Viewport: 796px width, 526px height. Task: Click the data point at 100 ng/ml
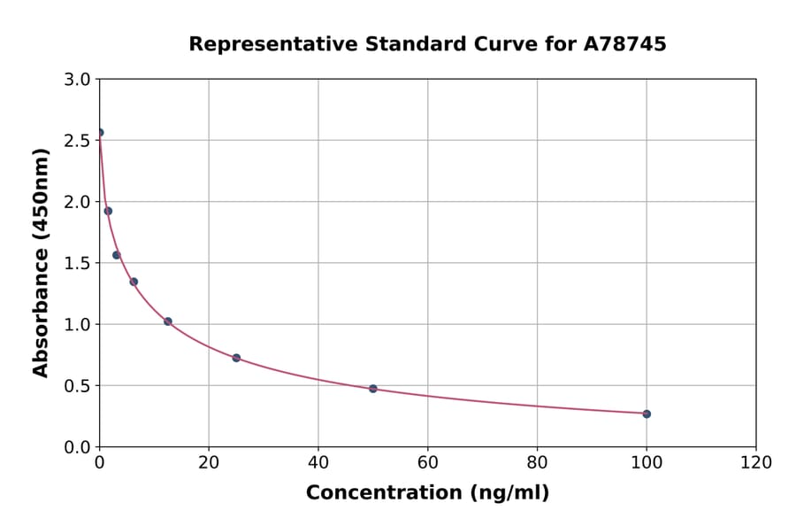647,414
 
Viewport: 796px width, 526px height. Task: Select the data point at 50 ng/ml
373,389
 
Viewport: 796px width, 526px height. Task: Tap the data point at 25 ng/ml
236,358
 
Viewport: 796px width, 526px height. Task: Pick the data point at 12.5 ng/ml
168,321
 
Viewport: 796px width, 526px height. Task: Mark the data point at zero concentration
100,133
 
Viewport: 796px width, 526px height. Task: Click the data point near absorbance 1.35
134,282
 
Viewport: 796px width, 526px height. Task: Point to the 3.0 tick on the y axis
79,80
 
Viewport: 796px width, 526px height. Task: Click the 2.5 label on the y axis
79,141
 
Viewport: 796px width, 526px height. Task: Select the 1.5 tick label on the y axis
79,263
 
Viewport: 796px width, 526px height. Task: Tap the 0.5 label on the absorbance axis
79,386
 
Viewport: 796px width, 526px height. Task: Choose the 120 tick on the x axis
755,463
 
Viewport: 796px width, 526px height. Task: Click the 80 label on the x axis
537,463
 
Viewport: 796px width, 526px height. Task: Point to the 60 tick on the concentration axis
427,463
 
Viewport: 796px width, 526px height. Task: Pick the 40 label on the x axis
318,463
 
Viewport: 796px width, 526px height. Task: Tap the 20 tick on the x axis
209,463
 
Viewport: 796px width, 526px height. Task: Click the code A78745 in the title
625,44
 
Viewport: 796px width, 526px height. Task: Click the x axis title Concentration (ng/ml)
427,493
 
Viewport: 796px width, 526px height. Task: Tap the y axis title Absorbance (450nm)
41,262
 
